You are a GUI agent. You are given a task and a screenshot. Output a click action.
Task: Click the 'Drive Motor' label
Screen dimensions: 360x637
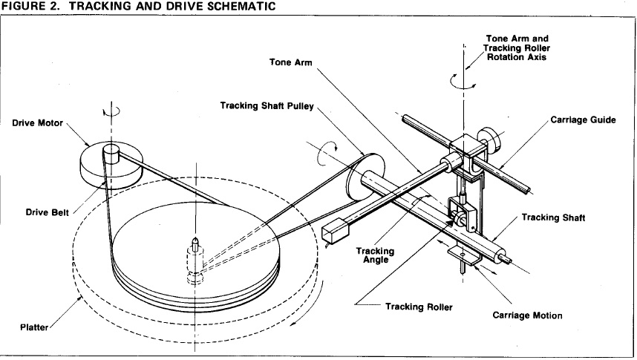coord(38,122)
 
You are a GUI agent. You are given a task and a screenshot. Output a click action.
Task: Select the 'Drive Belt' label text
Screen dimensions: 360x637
coord(45,212)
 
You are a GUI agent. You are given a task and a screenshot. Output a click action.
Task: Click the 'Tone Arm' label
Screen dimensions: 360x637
coord(290,62)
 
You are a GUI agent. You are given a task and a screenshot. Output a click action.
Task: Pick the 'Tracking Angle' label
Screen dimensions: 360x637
coord(375,256)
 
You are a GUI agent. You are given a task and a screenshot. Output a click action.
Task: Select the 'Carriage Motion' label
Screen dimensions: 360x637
coord(527,315)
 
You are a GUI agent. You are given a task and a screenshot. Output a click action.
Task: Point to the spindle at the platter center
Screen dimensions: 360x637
coord(195,243)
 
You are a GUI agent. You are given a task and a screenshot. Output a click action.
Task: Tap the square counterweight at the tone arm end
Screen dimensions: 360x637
coord(335,230)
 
